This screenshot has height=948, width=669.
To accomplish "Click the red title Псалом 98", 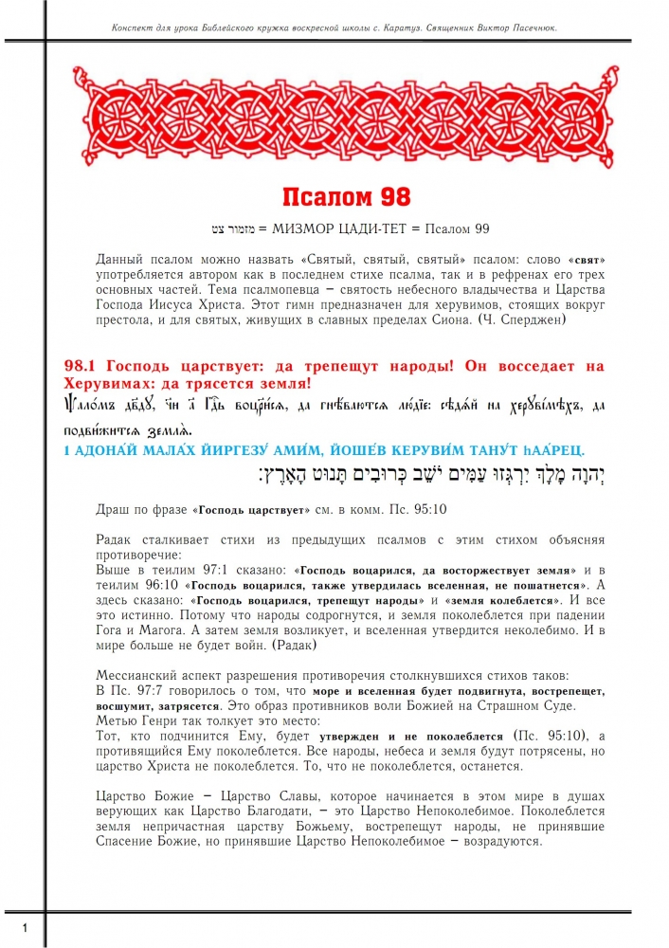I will coord(346,197).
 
